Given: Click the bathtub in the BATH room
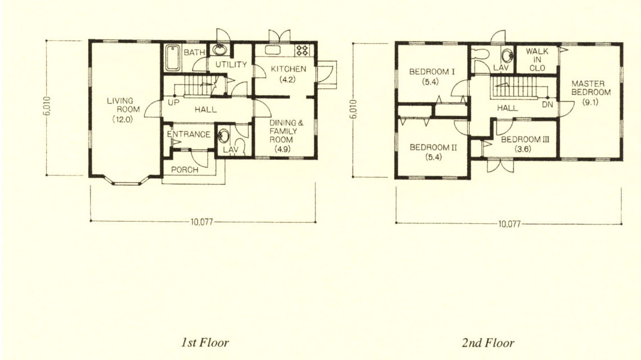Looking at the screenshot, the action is (173, 58).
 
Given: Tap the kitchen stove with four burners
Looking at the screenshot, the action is (303, 50).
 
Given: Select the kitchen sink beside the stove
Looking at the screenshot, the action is (272, 50).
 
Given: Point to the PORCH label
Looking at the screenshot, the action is (184, 170).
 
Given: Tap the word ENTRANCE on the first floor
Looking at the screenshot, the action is (188, 134).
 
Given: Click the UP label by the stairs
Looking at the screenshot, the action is (173, 103).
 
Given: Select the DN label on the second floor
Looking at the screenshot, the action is (548, 105).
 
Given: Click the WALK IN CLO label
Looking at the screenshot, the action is (537, 60).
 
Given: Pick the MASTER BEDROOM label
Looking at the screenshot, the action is (591, 88).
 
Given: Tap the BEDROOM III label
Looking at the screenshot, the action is (525, 139).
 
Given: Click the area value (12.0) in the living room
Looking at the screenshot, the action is (123, 119).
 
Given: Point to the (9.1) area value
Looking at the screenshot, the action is (590, 102).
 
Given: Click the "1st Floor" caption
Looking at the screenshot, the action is (205, 343).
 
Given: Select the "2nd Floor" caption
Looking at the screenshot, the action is (488, 343).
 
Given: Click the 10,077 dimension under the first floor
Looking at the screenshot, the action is (202, 222).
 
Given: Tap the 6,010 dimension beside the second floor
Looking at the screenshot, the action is (354, 109).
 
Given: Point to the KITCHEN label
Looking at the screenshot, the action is (288, 69).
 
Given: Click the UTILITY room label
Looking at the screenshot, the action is (231, 64).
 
